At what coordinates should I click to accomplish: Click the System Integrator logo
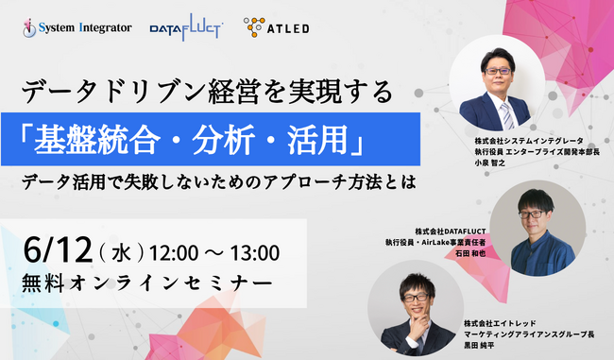[x=75, y=28]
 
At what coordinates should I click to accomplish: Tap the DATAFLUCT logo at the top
[x=187, y=28]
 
